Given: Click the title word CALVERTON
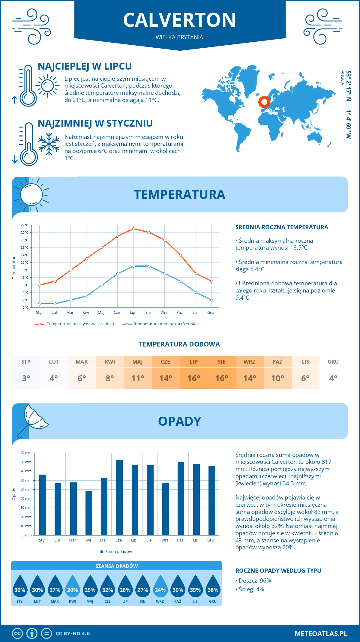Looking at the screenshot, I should (x=179, y=20).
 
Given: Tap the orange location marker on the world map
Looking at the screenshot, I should (x=264, y=102).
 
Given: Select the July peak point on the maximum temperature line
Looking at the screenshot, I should (x=133, y=229).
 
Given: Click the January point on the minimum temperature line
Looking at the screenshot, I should (x=40, y=304).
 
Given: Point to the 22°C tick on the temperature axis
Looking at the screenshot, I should (x=25, y=225).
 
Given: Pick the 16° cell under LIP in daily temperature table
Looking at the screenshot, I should (x=193, y=378).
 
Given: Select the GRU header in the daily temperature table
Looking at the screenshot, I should (x=333, y=361).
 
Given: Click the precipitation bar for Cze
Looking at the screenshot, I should (x=119, y=497).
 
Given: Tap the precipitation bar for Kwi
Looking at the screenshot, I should (x=88, y=513).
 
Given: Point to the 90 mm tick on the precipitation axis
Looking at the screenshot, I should (x=26, y=453).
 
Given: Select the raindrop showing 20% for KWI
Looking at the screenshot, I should (x=73, y=586).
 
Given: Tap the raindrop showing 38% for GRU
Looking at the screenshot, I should (x=213, y=586).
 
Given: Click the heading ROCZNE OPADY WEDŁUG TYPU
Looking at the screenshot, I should (x=278, y=571).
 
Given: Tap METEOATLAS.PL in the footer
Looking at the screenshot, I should (x=321, y=634).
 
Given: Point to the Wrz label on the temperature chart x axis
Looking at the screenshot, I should (x=164, y=313).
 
